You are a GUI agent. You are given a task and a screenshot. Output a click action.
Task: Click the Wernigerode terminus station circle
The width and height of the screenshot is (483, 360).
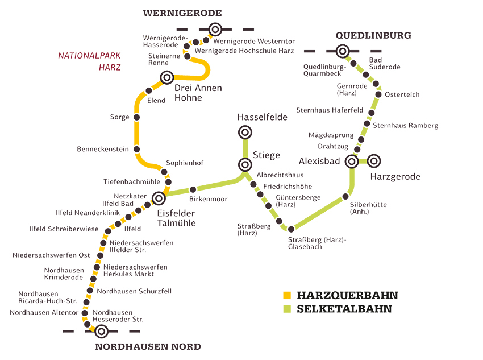[215, 30]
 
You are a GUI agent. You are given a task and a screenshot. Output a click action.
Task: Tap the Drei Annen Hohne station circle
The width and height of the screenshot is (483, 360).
[166, 77]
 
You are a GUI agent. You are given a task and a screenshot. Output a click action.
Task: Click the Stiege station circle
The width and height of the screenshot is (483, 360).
[245, 165]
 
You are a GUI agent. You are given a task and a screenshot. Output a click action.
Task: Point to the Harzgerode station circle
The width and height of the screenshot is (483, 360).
[373, 161]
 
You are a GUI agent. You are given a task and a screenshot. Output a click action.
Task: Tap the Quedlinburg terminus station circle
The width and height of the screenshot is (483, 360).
[342, 52]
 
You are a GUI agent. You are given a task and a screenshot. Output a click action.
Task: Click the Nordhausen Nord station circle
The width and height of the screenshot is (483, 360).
[101, 331]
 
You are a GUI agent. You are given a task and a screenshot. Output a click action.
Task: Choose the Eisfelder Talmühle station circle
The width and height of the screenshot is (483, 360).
[159, 198]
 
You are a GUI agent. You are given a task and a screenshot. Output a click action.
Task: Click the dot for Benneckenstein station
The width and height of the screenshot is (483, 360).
[136, 150]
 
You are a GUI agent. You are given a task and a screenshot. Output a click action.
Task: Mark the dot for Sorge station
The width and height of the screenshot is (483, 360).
[136, 117]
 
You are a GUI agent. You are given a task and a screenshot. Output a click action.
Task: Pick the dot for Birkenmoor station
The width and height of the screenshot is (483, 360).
[193, 189]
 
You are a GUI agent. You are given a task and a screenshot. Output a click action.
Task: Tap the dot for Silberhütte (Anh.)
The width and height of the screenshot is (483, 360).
[345, 197]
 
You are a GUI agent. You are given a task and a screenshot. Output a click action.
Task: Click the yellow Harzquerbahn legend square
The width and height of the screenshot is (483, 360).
[287, 295]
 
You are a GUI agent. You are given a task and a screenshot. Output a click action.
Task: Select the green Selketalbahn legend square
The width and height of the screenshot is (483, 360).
[287, 309]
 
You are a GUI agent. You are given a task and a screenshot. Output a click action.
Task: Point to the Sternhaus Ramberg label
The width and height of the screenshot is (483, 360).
[405, 125]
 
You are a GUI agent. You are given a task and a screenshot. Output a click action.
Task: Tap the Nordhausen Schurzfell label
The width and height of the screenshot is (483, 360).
[134, 291]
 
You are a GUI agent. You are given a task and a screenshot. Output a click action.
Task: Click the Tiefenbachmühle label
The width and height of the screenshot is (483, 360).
[131, 182]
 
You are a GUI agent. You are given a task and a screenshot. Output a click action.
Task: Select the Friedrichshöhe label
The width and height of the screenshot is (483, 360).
[288, 186]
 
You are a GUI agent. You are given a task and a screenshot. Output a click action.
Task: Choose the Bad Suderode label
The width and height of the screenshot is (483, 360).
[385, 63]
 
